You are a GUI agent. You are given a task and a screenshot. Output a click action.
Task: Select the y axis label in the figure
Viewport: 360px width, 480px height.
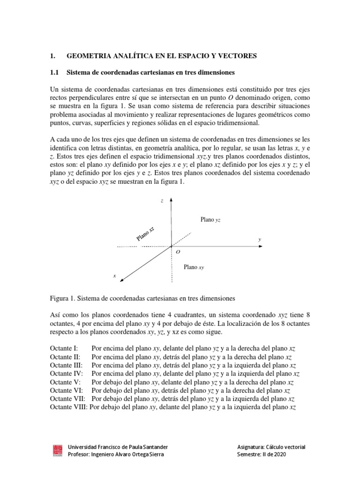[260, 240]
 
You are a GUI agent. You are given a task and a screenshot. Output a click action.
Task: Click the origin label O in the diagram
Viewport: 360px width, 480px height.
[178, 252]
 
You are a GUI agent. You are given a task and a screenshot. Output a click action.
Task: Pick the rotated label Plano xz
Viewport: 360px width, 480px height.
[145, 233]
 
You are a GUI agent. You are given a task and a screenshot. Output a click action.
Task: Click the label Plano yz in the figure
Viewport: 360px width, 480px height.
[210, 219]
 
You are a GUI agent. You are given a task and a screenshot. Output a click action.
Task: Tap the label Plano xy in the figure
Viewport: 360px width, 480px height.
[194, 267]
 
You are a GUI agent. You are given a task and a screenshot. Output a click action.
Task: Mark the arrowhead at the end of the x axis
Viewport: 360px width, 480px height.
[122, 280]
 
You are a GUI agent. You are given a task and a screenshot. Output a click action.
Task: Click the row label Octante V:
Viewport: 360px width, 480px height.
[65, 382]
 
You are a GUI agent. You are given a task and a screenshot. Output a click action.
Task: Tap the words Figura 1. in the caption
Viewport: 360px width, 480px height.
[62, 298]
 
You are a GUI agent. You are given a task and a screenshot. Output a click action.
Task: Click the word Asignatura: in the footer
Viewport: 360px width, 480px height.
[253, 447]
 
